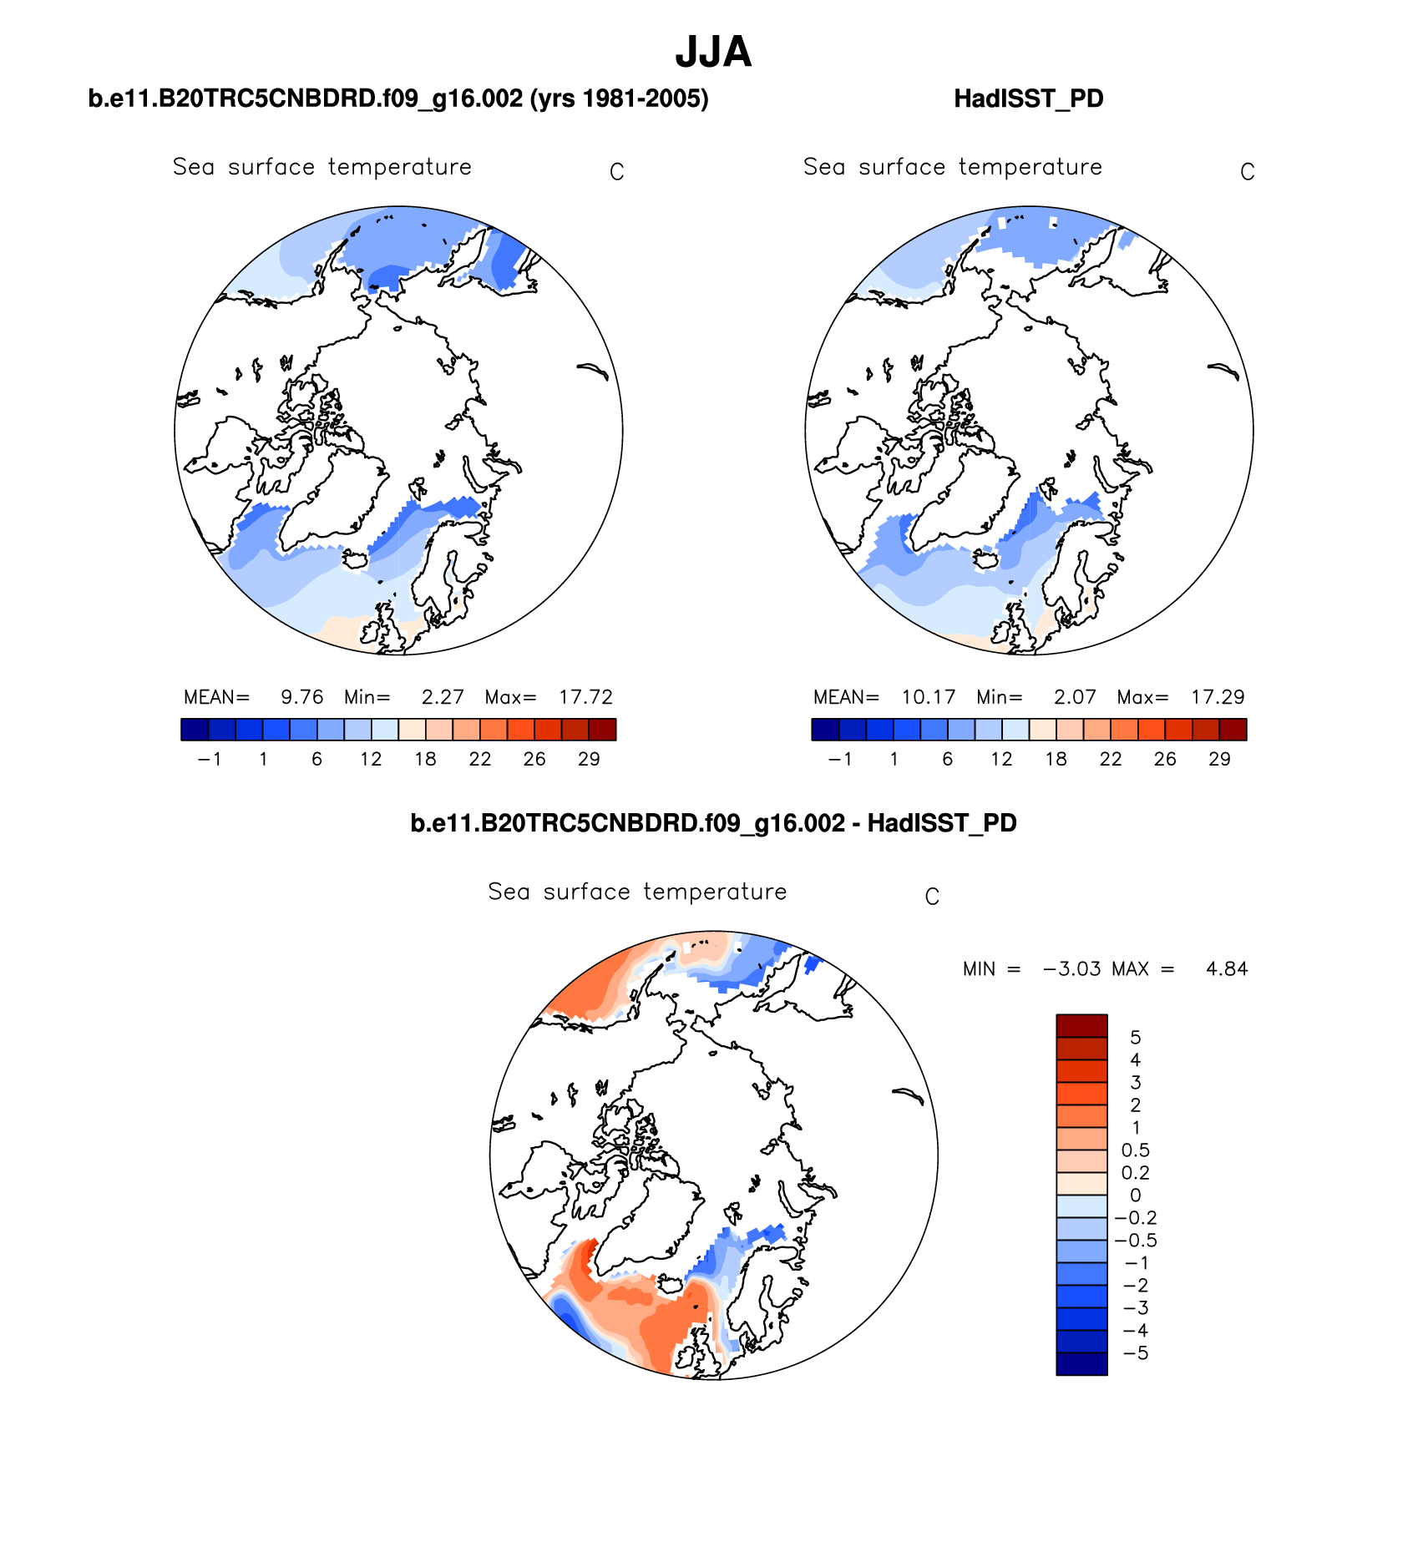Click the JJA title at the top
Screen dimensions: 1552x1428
(713, 52)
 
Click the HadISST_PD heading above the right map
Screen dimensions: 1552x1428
(1028, 99)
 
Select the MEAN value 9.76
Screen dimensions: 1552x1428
(301, 697)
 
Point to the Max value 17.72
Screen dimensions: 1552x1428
(585, 697)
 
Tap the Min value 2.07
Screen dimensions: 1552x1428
(1074, 697)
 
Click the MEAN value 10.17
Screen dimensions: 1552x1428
(928, 697)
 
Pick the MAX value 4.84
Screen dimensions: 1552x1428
(1226, 968)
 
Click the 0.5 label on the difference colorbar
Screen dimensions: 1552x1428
(1135, 1150)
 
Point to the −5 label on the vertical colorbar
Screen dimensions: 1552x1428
(1135, 1352)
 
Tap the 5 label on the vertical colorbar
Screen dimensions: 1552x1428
(1135, 1037)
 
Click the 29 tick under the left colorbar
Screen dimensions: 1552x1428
(589, 759)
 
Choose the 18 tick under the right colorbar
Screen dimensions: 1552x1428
(1056, 759)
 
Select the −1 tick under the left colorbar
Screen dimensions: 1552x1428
(209, 759)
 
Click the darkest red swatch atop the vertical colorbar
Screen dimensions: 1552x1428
(1081, 1025)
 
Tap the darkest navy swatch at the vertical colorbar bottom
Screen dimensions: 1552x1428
(1081, 1363)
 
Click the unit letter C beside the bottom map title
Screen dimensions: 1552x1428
(932, 897)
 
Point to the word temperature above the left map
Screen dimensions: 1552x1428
(399, 167)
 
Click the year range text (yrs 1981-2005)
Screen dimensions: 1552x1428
(619, 99)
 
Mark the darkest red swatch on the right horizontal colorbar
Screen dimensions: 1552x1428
(1233, 730)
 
